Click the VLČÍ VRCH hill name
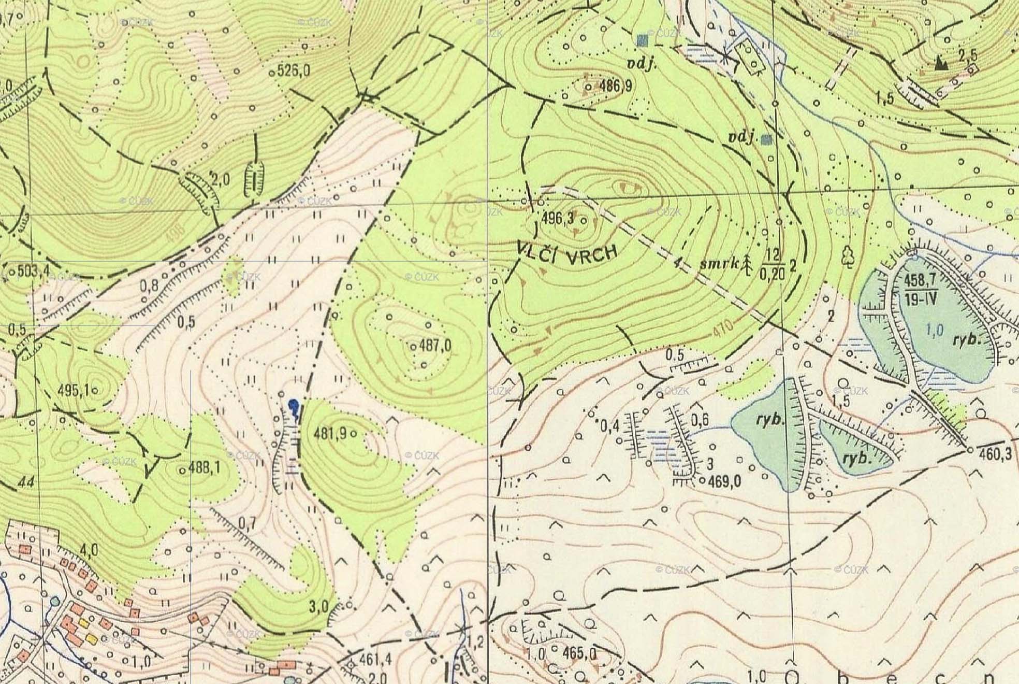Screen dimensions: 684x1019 point(568,252)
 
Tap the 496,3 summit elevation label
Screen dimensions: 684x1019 point(557,219)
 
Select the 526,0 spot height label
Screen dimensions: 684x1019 point(294,71)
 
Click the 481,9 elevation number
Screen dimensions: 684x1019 point(330,435)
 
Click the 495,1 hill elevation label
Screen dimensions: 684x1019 point(78,390)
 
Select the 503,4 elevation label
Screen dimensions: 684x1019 point(33,271)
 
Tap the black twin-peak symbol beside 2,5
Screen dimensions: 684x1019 point(942,63)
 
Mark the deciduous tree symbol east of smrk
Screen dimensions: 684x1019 point(848,255)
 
